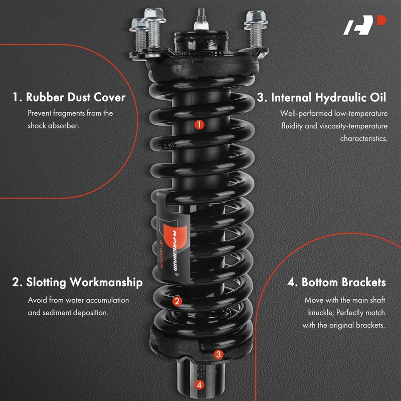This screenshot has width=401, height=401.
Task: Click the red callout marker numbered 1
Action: coord(199,124)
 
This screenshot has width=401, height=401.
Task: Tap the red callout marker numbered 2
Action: coord(176,301)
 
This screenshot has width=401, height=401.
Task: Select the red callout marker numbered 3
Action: coord(218,354)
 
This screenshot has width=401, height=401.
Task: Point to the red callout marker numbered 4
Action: coord(199,385)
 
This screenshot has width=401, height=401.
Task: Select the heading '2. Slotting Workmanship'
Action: coord(77,282)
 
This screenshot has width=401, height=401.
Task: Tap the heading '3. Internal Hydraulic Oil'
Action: coord(322,97)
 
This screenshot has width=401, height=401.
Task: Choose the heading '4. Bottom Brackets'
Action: coord(336,282)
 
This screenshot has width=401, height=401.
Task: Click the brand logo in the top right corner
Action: coord(364,25)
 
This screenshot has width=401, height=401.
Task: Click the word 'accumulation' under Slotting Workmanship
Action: coord(106,300)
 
